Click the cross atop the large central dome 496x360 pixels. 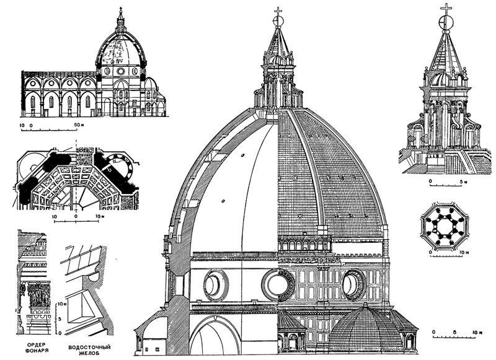278,12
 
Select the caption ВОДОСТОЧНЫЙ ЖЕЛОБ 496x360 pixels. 89,350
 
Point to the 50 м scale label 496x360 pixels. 77,125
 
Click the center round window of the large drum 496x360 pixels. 278,285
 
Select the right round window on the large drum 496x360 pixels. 353,285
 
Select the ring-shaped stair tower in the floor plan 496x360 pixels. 120,167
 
